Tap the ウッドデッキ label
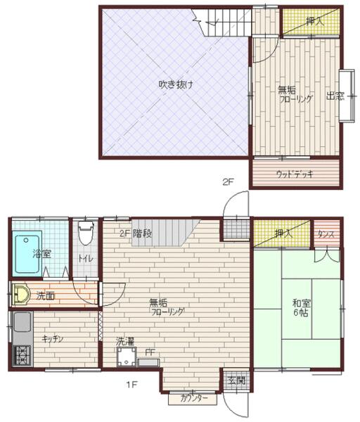[295, 174]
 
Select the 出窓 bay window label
[335, 96]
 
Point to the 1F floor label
[130, 384]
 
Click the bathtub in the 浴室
[27, 253]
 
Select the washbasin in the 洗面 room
[20, 295]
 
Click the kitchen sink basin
[21, 324]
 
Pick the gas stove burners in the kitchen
[21, 355]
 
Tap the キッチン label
[53, 339]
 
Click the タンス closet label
[325, 234]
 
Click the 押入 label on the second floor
[316, 22]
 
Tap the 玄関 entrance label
[236, 381]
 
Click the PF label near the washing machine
[150, 352]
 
